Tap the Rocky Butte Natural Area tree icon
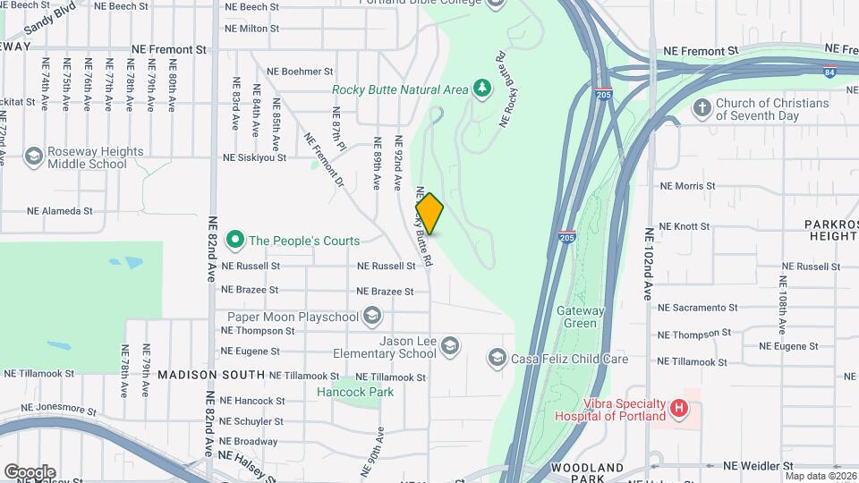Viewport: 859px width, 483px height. [x=482, y=88]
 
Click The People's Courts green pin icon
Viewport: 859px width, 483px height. [x=235, y=240]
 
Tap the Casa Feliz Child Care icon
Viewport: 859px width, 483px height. [x=497, y=359]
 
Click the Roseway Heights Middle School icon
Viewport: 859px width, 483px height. [x=34, y=157]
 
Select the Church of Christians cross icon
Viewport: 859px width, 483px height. [x=702, y=109]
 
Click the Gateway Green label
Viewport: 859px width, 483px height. [x=581, y=317]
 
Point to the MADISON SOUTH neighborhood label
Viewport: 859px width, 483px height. [x=211, y=376]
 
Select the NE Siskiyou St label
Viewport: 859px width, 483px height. [x=254, y=157]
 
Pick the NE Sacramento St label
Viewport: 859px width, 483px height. [x=698, y=307]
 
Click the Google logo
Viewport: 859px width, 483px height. [x=30, y=471]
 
